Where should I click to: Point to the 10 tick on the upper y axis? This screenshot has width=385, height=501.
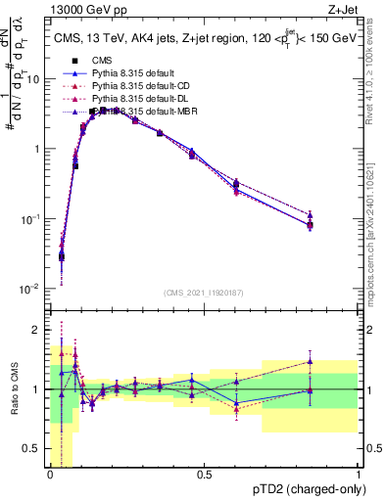(35, 79)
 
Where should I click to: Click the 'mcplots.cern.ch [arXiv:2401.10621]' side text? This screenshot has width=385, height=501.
(375, 227)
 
